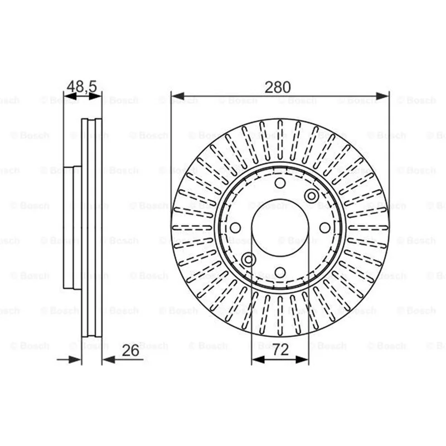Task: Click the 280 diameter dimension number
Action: tap(278, 88)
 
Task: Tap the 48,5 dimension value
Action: tap(81, 86)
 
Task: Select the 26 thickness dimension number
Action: tap(130, 351)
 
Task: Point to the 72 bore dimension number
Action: tap(280, 350)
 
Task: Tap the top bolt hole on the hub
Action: tap(280, 183)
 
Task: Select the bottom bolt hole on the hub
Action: tap(280, 272)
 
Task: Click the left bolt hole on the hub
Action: tap(235, 227)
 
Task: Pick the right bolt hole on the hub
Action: tap(324, 227)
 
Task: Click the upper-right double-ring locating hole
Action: tap(312, 196)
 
